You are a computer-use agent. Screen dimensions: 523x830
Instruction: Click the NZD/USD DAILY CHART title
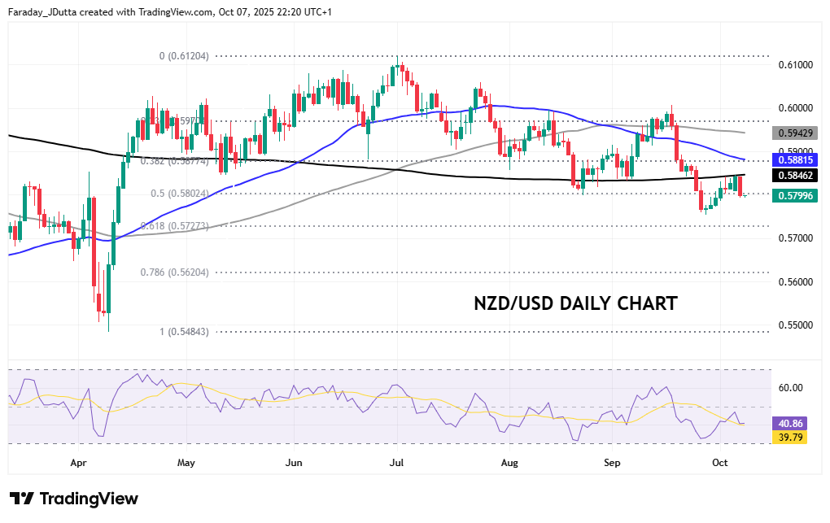pyautogui.click(x=575, y=304)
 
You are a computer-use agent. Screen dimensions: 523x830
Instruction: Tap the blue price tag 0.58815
pyautogui.click(x=795, y=161)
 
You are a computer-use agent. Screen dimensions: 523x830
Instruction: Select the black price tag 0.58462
pyautogui.click(x=795, y=175)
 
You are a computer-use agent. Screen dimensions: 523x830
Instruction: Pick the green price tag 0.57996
pyautogui.click(x=795, y=195)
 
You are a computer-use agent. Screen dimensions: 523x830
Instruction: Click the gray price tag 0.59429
pyautogui.click(x=795, y=132)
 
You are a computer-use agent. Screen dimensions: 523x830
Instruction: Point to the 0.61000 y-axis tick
pyautogui.click(x=795, y=64)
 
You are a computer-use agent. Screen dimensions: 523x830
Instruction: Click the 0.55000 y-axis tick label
pyautogui.click(x=795, y=325)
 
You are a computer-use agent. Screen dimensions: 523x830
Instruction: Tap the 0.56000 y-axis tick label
pyautogui.click(x=795, y=282)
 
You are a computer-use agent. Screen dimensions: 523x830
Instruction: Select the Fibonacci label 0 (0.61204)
pyautogui.click(x=184, y=56)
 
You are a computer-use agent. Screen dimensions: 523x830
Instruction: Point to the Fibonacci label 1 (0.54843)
pyautogui.click(x=184, y=331)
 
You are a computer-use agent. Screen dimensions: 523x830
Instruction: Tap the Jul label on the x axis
pyautogui.click(x=397, y=463)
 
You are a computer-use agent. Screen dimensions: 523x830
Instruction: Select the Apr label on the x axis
pyautogui.click(x=79, y=463)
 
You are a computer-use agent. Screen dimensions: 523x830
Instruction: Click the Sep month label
pyautogui.click(x=613, y=463)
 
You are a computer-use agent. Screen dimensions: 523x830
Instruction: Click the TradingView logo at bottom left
pyautogui.click(x=74, y=499)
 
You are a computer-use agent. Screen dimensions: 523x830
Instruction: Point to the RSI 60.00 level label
pyautogui.click(x=791, y=387)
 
